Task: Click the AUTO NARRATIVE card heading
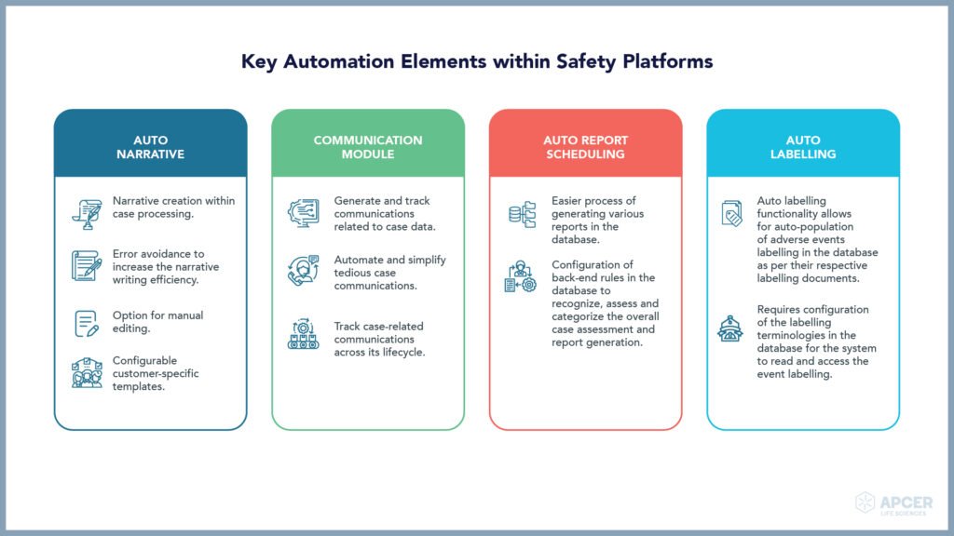click(150, 147)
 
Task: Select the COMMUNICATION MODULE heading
click(367, 147)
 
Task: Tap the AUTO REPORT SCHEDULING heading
click(585, 147)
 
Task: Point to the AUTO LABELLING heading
click(802, 147)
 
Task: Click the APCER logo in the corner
click(893, 503)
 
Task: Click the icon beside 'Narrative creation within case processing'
click(87, 214)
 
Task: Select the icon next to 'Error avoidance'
click(87, 265)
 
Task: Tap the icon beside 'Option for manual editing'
click(87, 323)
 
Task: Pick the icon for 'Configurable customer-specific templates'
click(87, 372)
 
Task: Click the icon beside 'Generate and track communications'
click(304, 213)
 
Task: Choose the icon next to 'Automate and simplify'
click(303, 271)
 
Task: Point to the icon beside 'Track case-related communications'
click(303, 334)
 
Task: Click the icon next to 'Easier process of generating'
click(522, 215)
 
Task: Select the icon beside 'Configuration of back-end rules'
click(520, 276)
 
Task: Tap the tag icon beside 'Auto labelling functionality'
click(731, 213)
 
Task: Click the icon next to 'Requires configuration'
click(730, 328)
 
